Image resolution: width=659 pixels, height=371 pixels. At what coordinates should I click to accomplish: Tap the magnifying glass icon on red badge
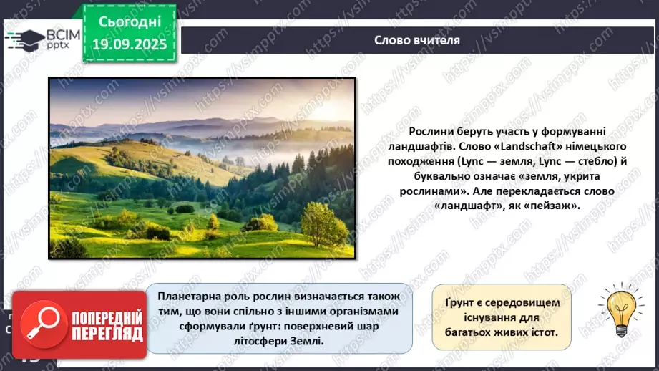pos(40,327)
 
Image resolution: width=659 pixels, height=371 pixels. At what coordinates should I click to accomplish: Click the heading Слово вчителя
pos(417,40)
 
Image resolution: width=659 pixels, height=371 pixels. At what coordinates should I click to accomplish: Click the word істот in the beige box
pos(534,333)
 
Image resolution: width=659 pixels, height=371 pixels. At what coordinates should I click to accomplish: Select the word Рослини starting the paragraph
pos(432,131)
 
